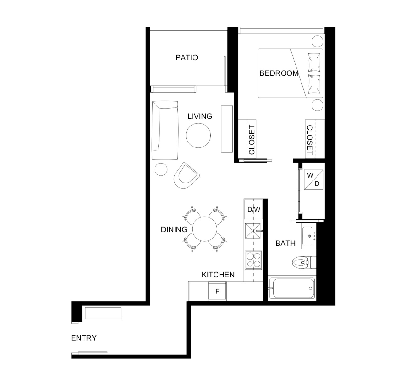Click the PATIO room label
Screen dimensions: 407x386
coord(187,57)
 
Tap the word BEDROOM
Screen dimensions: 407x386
coord(279,73)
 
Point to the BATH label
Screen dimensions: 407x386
coord(285,243)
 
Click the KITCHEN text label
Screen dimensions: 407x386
coord(218,275)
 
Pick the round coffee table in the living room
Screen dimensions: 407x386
coord(198,136)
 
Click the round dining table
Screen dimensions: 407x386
coord(204,229)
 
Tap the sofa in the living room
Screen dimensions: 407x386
coord(165,130)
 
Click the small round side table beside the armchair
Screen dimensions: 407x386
coord(161,169)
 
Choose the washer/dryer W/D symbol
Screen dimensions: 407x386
coord(313,180)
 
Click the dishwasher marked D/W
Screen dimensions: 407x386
coord(254,209)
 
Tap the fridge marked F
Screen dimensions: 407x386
coord(217,291)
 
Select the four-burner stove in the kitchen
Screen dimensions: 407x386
coord(253,260)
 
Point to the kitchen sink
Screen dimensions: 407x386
coord(253,231)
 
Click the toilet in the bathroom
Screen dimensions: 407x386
coord(304,262)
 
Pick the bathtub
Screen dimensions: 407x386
coord(292,288)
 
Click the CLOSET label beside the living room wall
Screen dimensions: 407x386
coord(252,140)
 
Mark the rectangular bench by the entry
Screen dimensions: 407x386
coord(103,313)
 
